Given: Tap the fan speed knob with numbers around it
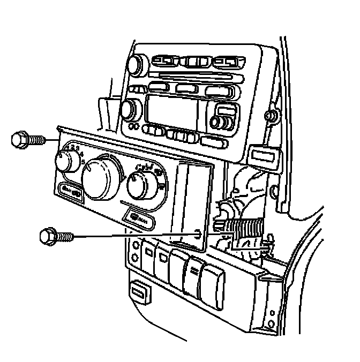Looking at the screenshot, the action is (x=67, y=160).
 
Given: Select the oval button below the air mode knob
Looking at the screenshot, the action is (x=138, y=218).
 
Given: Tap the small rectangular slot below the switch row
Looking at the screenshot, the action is (x=139, y=291).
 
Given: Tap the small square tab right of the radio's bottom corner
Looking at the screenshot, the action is (x=264, y=156).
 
